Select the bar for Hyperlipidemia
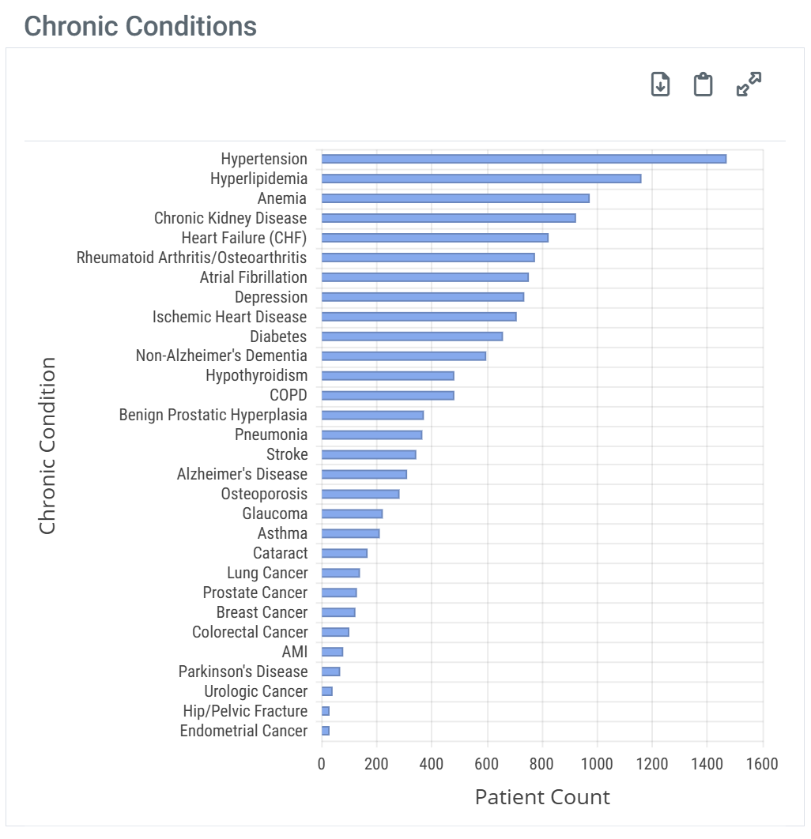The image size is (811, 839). point(481,179)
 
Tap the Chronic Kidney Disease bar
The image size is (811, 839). point(448,218)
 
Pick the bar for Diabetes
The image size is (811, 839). point(412,337)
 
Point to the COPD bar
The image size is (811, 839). point(387,395)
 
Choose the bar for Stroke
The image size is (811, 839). point(368,454)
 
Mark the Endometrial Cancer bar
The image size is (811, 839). point(326,731)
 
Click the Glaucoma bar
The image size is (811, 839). point(352,514)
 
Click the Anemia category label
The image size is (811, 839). point(282,198)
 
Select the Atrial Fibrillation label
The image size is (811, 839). point(253,277)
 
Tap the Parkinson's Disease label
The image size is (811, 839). point(243,672)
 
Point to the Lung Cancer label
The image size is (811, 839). point(267,573)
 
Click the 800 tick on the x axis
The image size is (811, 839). point(542,764)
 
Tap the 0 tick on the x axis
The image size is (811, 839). point(322,764)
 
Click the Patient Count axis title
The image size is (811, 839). point(542,797)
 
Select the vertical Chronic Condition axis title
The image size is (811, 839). point(47,446)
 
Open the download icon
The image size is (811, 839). point(660,84)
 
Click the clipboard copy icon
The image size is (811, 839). point(703,84)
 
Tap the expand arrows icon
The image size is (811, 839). point(749,84)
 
